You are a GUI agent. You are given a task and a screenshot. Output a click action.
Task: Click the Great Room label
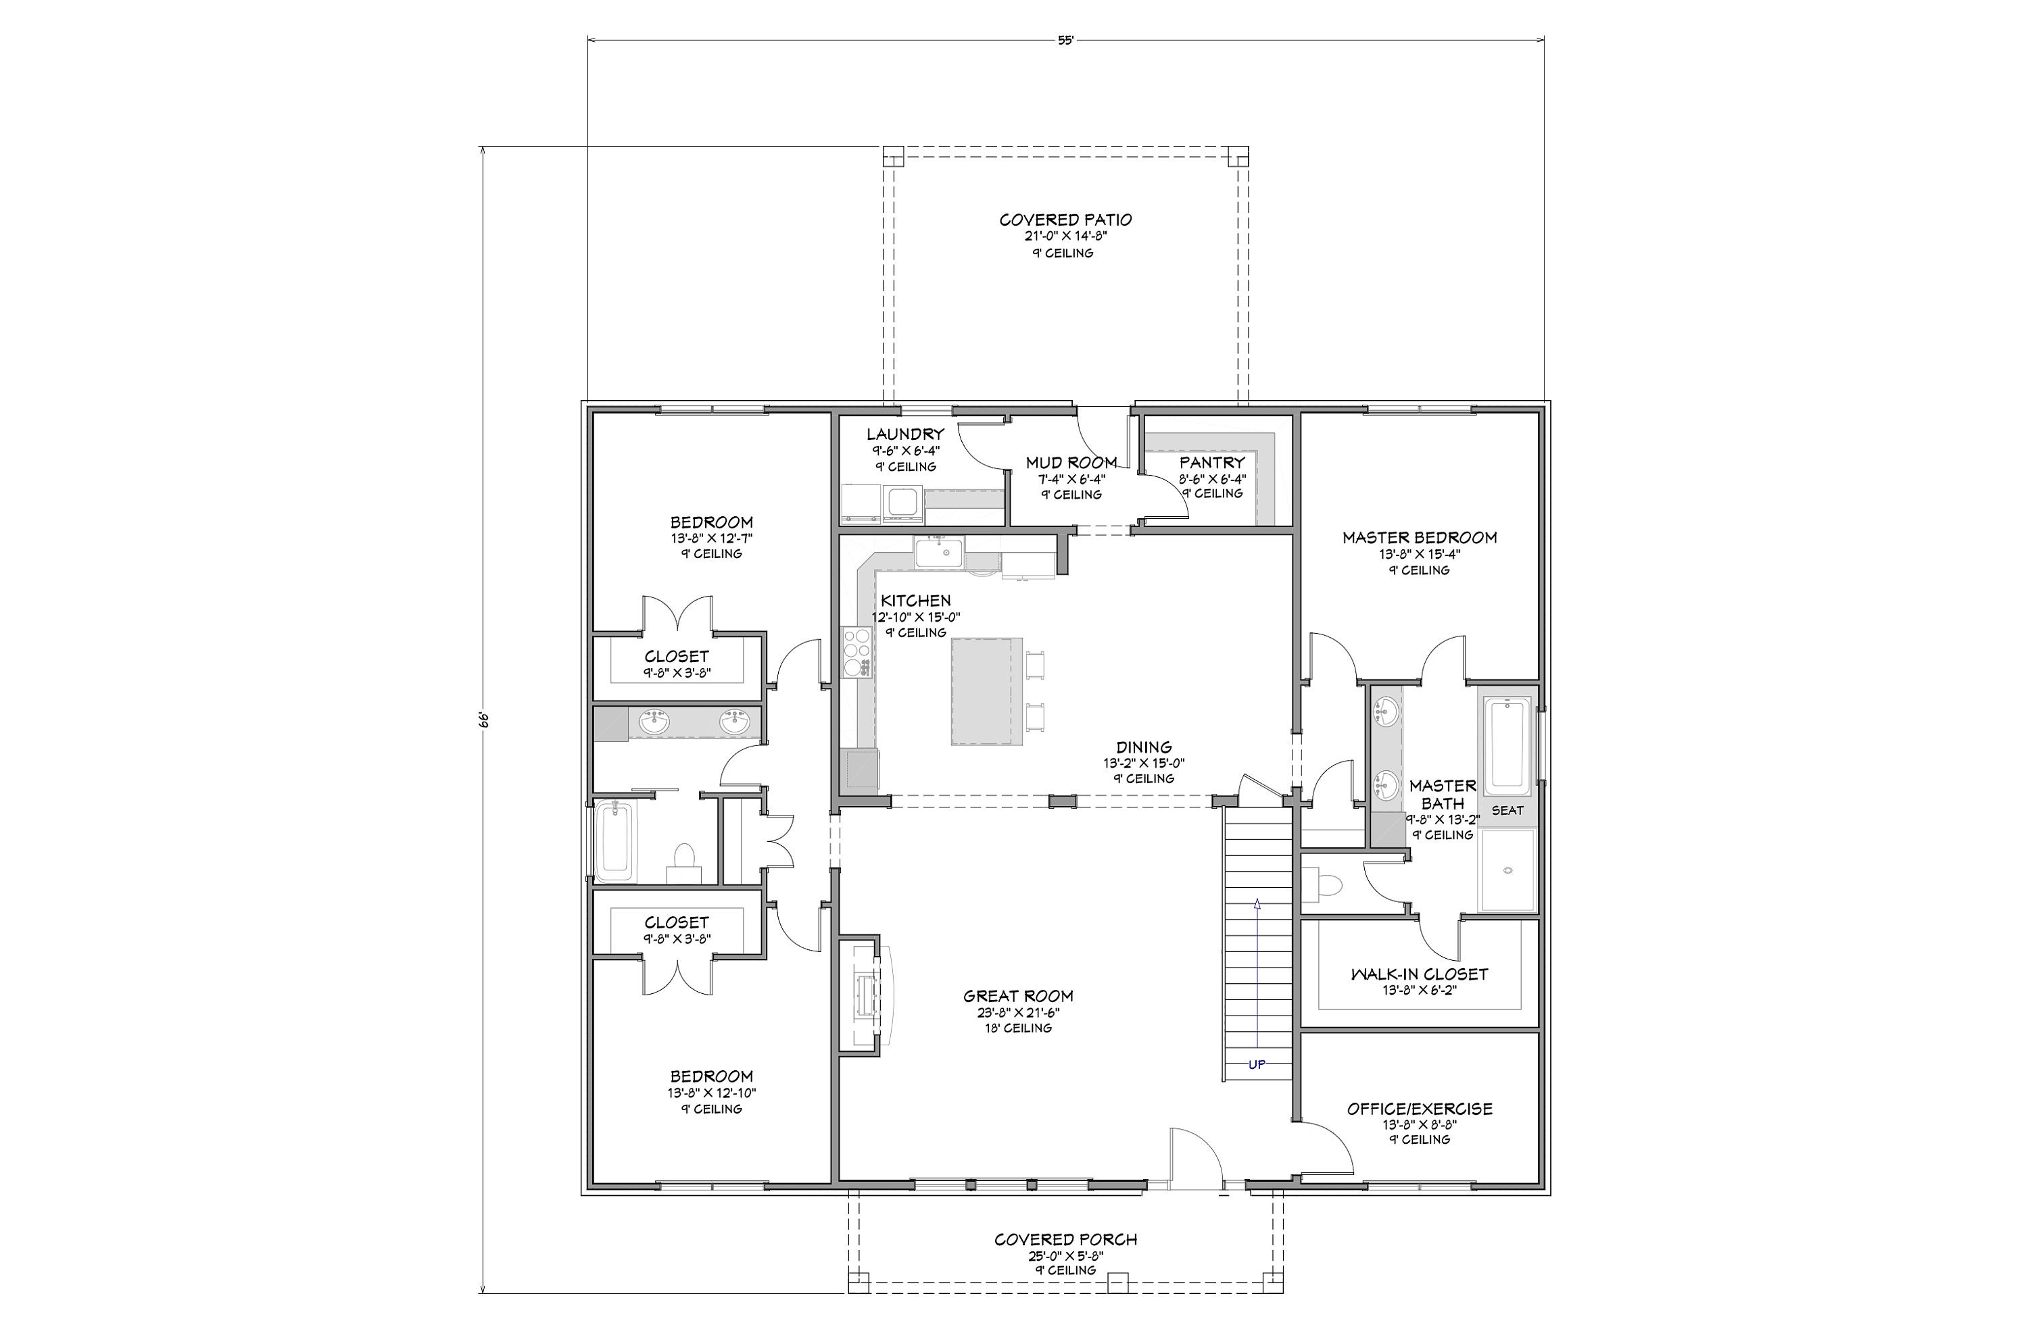click(x=1018, y=996)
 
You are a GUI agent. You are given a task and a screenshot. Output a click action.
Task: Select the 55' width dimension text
click(x=1065, y=40)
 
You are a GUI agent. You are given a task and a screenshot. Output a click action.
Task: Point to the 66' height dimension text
click(x=483, y=720)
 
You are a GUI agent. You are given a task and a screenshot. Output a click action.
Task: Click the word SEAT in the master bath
click(x=1507, y=810)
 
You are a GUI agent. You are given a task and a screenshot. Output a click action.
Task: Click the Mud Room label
click(x=1071, y=463)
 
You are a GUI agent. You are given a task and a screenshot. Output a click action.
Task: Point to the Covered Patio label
click(x=1065, y=220)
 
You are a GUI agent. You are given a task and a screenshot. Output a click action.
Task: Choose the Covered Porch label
click(x=1065, y=1240)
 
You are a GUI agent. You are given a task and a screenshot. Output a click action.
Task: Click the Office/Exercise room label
click(x=1420, y=1109)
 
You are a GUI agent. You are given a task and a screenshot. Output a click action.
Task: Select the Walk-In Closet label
click(x=1420, y=974)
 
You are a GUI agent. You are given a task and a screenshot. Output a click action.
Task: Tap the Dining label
click(x=1144, y=748)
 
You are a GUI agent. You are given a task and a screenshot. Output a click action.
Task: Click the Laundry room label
click(x=905, y=434)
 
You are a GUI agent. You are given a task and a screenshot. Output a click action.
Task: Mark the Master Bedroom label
click(x=1420, y=537)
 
